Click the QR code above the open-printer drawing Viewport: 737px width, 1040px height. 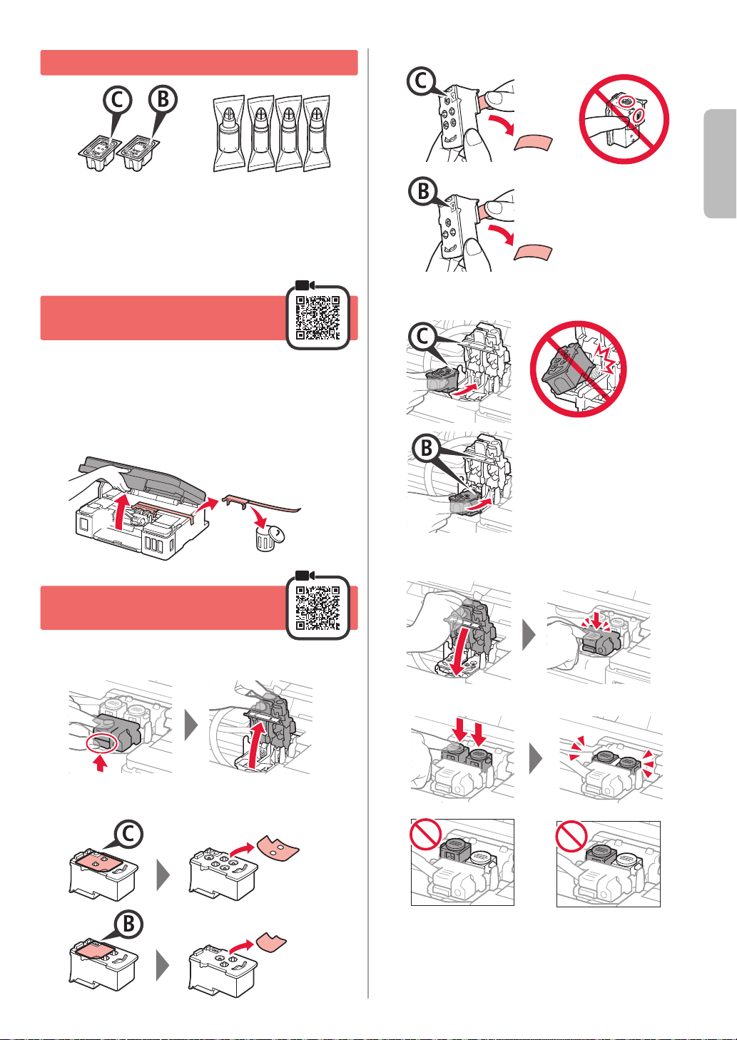coord(317,317)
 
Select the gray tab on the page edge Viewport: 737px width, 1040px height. coord(721,163)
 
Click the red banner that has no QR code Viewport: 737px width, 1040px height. coord(199,63)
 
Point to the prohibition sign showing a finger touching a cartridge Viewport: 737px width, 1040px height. coord(624,119)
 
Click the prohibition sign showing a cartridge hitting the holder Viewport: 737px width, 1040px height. coord(578,368)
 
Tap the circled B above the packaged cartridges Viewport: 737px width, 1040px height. coord(163,99)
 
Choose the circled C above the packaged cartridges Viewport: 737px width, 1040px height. coord(118,100)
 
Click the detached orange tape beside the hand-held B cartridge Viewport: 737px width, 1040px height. coord(533,253)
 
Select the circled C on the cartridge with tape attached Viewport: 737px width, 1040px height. coord(128,835)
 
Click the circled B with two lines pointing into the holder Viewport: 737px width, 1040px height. coord(426,448)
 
